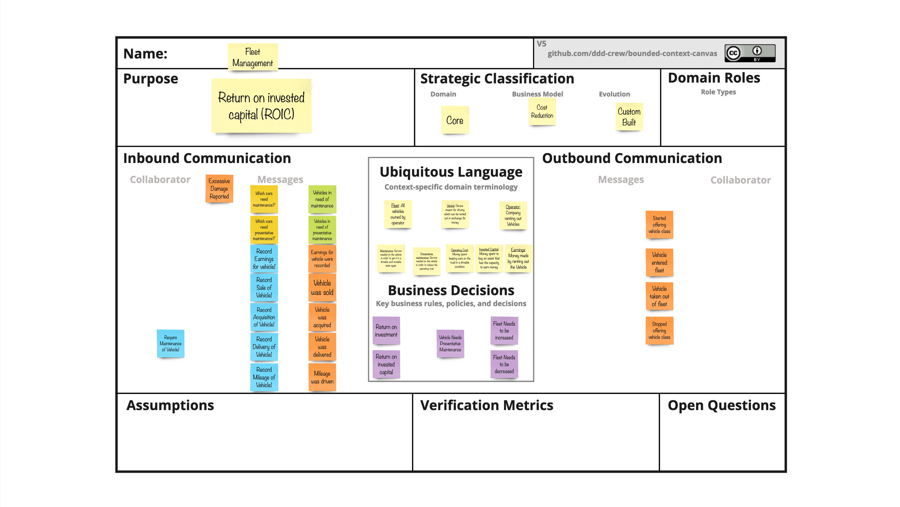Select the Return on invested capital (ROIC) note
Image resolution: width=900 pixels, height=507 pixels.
[261, 106]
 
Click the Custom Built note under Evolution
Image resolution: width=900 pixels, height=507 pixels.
[629, 116]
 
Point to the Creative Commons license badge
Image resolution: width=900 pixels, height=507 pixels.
[750, 53]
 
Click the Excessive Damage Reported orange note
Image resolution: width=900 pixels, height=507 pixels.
[219, 189]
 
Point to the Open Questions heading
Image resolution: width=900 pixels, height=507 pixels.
[721, 405]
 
